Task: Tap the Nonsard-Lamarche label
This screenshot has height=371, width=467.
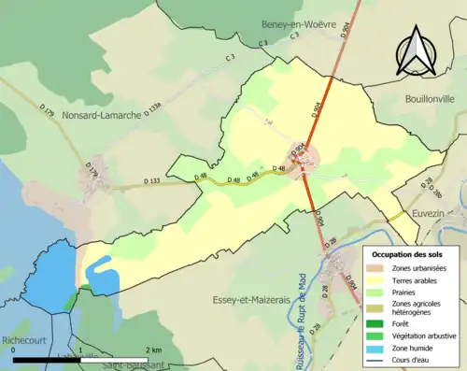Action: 102,117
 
